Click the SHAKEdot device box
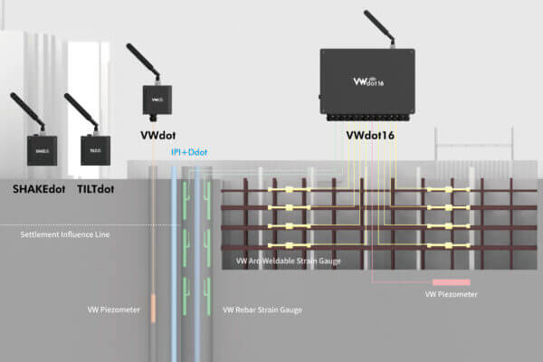pyautogui.click(x=42, y=150)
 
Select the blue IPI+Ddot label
pyautogui.click(x=189, y=152)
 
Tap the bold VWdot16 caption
pyautogui.click(x=369, y=137)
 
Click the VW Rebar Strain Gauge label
pyautogui.click(x=262, y=310)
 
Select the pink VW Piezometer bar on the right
pyautogui.click(x=450, y=283)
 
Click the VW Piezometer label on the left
pyautogui.click(x=113, y=310)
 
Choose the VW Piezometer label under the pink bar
pyautogui.click(x=451, y=295)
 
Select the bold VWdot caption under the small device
pyautogui.click(x=157, y=135)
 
